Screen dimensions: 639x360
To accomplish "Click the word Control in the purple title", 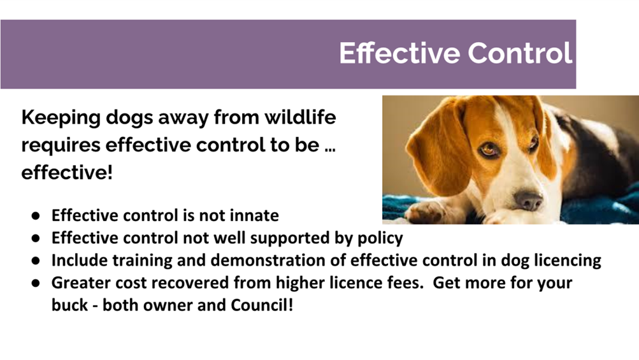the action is (520, 53).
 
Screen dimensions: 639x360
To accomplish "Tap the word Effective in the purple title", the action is (399, 53).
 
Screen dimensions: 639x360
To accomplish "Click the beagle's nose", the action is (528, 200).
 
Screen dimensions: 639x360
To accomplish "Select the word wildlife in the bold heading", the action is (300, 117).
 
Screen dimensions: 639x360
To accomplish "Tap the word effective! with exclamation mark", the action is (67, 172).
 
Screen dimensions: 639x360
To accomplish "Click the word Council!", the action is (262, 305).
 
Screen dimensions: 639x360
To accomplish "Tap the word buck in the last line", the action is (69, 305).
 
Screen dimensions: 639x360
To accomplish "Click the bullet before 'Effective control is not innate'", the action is (36, 216).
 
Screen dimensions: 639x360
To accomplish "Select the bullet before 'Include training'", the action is (36, 261).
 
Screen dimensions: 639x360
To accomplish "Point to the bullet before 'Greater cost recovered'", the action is (36, 283).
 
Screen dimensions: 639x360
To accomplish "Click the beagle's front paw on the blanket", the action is (424, 211).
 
